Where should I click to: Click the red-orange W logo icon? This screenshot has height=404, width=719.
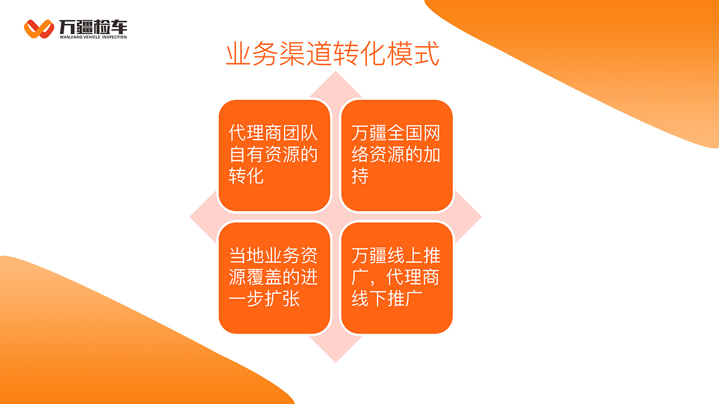[39, 29]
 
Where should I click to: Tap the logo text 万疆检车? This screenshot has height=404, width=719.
[93, 27]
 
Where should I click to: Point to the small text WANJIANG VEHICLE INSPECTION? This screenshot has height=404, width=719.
[93, 37]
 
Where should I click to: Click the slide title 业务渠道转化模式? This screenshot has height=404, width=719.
[332, 54]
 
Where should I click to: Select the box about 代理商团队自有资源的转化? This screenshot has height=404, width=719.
[274, 156]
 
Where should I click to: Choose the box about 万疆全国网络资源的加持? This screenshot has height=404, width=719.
[397, 156]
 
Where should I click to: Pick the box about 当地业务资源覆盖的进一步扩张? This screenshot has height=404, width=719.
[274, 278]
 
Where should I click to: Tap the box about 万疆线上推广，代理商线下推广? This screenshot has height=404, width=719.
[397, 278]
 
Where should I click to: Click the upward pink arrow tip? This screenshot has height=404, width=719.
[336, 72]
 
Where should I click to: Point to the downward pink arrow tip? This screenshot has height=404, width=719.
[336, 362]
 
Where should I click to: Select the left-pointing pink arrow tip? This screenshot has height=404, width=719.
[190, 217]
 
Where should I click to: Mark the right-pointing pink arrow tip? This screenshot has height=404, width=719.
[481, 217]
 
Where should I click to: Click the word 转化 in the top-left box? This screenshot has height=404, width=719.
[246, 176]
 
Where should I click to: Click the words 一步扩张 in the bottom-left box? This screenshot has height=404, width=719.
[264, 299]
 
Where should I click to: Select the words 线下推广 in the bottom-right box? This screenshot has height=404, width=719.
[387, 299]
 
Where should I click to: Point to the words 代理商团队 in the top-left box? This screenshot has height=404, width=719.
[273, 133]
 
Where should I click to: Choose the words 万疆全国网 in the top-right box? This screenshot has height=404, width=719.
[396, 133]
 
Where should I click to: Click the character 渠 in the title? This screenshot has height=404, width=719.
[293, 54]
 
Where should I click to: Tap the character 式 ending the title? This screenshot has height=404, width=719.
[426, 54]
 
